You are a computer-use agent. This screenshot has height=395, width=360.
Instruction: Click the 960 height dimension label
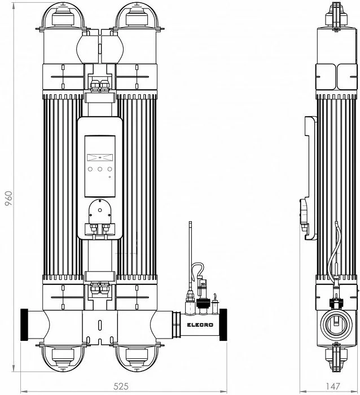tap(8, 198)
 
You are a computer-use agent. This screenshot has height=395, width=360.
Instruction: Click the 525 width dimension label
tap(121, 386)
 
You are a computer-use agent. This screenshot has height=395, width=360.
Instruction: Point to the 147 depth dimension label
tap(333, 386)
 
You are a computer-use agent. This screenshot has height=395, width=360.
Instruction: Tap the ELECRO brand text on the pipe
tap(200, 325)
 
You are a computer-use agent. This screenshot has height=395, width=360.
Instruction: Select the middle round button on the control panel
tap(100, 169)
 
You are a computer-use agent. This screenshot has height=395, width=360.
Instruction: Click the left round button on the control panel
tap(90, 169)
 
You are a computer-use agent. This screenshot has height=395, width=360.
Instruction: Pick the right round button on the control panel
tap(110, 169)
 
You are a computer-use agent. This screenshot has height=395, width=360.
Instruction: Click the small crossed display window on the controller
tap(100, 157)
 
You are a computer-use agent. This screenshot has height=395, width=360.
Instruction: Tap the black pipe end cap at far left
tap(24, 324)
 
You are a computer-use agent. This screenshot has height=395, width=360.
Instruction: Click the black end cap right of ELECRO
tap(223, 324)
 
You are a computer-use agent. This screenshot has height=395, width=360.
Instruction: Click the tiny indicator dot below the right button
tap(109, 177)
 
